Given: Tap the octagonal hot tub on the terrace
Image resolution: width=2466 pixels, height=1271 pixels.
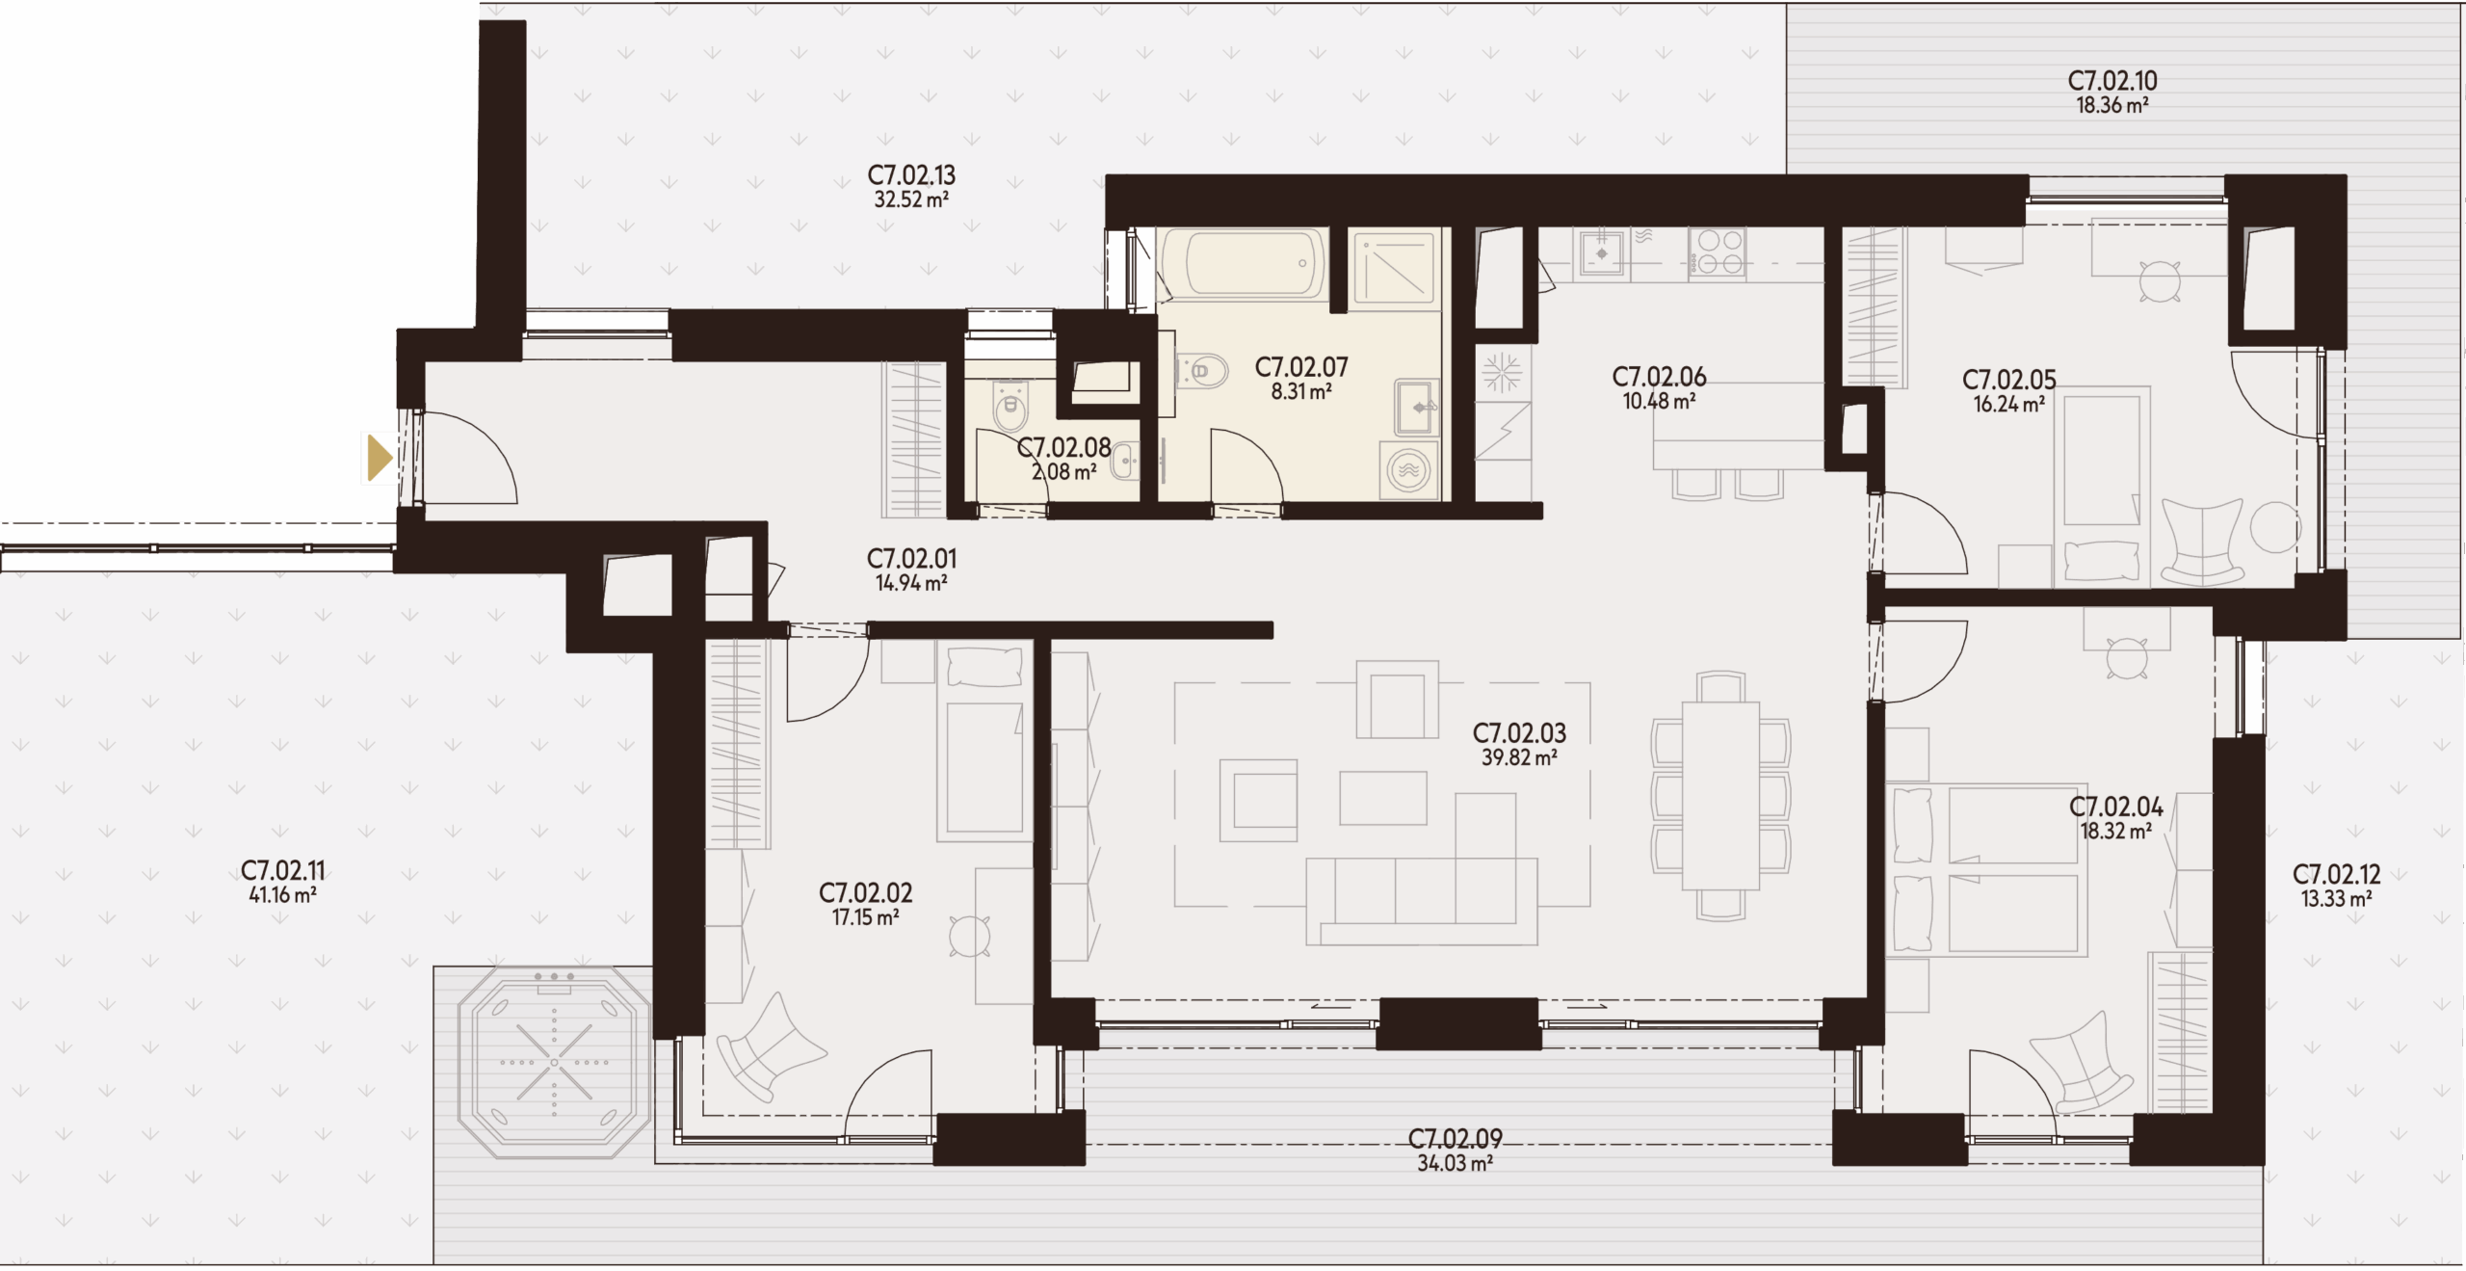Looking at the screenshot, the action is (x=555, y=1063).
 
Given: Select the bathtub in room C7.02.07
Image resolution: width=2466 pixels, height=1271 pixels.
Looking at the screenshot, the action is (x=1244, y=263).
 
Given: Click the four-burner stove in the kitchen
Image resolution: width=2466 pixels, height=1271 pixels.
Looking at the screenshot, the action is (x=1717, y=252).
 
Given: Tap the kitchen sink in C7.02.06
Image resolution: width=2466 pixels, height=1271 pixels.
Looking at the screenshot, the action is (x=1602, y=253).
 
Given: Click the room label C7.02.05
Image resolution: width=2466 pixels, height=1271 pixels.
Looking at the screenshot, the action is (x=2007, y=381).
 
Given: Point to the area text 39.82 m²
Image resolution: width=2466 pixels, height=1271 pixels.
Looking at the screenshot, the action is (x=1519, y=758).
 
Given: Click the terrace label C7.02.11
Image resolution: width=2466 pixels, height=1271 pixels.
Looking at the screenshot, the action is (x=283, y=871).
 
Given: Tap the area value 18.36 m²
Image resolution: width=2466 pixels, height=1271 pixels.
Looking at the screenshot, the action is (x=2112, y=106).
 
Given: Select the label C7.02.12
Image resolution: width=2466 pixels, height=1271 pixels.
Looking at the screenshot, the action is (x=2336, y=875).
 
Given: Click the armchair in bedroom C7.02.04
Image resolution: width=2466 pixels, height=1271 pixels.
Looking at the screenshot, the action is (x=2082, y=1063).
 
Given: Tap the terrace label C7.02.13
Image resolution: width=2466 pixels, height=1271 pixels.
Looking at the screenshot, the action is (x=911, y=175).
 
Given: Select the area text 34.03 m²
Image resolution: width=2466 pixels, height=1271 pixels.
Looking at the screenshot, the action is (x=1456, y=1164).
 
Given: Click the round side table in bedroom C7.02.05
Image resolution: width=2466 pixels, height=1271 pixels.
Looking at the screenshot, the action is (x=2275, y=526).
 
